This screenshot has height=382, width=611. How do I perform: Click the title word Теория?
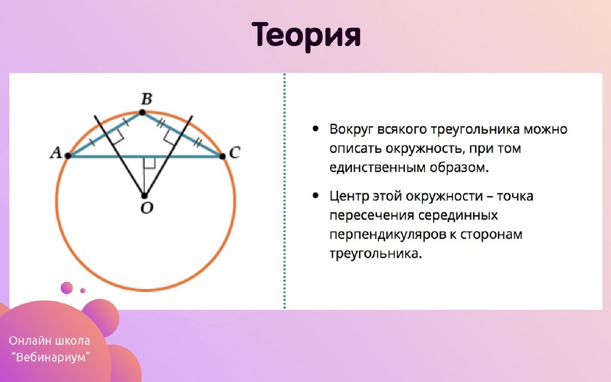[306, 35]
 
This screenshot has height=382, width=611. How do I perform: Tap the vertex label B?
[147, 99]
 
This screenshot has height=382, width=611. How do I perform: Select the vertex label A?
[55, 152]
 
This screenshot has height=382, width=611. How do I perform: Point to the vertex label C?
[234, 152]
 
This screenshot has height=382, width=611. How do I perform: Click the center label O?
[147, 208]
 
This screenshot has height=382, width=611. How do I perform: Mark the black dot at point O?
[144, 196]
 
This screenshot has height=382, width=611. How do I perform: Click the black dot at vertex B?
[142, 113]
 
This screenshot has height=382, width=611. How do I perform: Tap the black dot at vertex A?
[68, 156]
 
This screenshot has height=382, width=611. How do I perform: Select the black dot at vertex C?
[223, 156]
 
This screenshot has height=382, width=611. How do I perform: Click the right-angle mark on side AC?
[150, 163]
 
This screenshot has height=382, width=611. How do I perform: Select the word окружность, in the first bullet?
[426, 149]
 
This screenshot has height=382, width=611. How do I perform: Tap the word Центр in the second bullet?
[349, 196]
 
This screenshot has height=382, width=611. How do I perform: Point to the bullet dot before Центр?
[316, 196]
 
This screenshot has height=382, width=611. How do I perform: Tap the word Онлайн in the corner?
[30, 341]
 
